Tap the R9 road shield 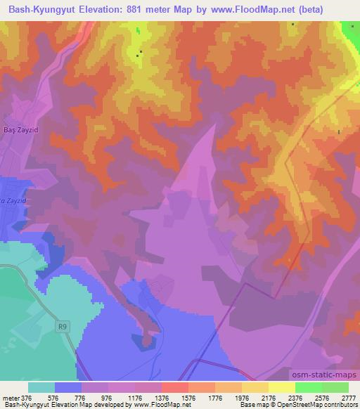[x=63, y=326]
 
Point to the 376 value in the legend [x=27, y=398]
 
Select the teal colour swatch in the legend [x=41, y=387]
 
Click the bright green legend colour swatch [x=308, y=387]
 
